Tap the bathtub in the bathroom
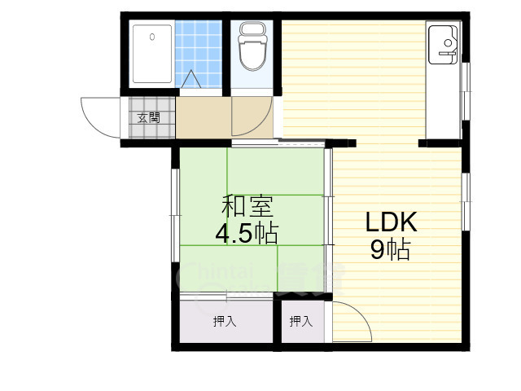152,54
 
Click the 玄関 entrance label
148,117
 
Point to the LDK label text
391,222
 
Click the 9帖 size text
391,249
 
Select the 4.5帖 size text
246,234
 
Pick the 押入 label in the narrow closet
301,321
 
